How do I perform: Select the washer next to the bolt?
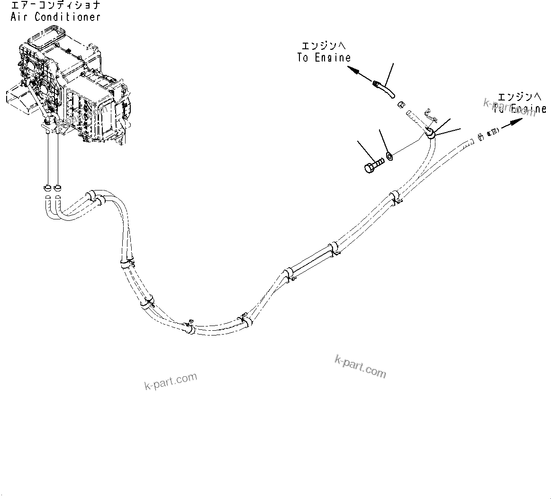tap(389, 155)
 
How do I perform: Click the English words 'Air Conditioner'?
tap(55, 17)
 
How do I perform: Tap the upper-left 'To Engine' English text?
tap(324, 58)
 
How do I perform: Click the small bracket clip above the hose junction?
tap(428, 113)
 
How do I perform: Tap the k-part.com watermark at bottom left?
tap(171, 381)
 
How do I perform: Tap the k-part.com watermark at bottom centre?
tap(360, 366)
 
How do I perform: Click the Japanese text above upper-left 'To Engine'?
tap(324, 46)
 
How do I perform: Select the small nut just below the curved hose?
tap(400, 104)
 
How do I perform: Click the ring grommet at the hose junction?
tap(431, 133)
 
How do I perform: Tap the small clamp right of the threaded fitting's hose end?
tap(481, 136)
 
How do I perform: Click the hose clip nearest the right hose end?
tap(395, 198)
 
